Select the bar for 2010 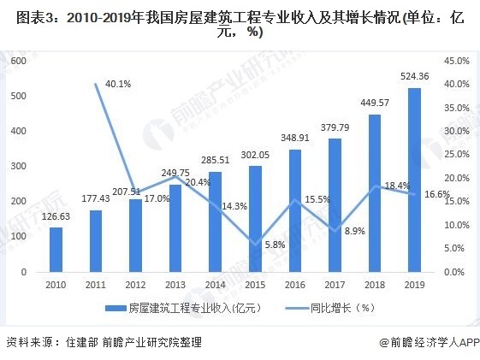coord(56,249)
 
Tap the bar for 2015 coord(255,218)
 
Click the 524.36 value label coord(414,76)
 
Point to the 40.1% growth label coord(117,84)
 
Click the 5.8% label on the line coord(275,245)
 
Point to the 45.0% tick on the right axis coord(457,62)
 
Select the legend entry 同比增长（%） coord(328,307)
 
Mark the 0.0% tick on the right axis coord(455,271)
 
